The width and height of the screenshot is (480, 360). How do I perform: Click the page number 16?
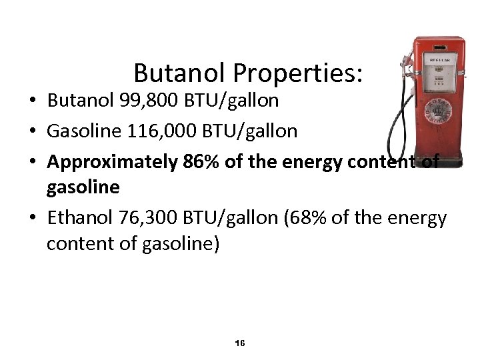[240, 343]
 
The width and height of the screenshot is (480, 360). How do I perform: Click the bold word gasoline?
[83, 188]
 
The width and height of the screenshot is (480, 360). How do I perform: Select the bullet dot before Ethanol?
[33, 218]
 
